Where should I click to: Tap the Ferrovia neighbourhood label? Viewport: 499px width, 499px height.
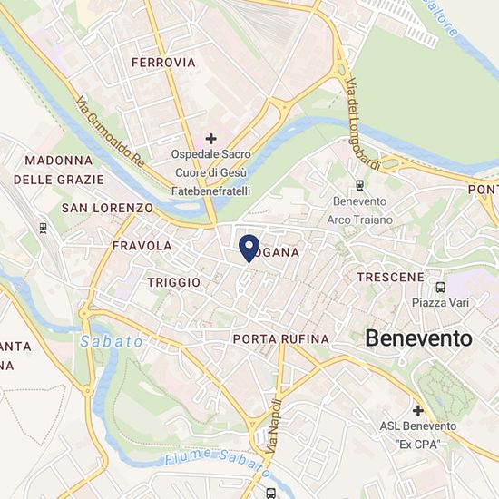pyautogui.click(x=163, y=63)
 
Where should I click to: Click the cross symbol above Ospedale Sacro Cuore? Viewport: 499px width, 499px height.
pyautogui.click(x=211, y=138)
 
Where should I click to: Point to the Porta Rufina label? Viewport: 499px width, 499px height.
pyautogui.click(x=280, y=339)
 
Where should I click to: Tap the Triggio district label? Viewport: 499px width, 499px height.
pyautogui.click(x=173, y=282)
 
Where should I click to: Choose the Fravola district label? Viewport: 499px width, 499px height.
pyautogui.click(x=142, y=246)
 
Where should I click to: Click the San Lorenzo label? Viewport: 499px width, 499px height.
pyautogui.click(x=107, y=208)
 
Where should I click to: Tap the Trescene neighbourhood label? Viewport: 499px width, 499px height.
pyautogui.click(x=391, y=276)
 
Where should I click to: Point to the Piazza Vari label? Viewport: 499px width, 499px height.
pyautogui.click(x=440, y=303)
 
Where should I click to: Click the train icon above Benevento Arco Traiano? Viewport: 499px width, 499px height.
pyautogui.click(x=360, y=185)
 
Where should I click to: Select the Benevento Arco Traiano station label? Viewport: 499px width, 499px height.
pyautogui.click(x=360, y=210)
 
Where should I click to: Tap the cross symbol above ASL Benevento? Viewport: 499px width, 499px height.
pyautogui.click(x=417, y=410)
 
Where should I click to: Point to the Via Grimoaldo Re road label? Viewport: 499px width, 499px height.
pyautogui.click(x=111, y=132)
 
